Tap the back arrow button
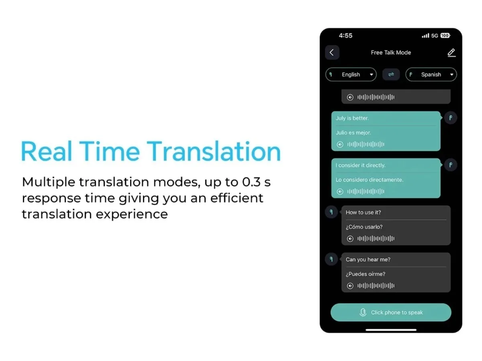click(x=332, y=53)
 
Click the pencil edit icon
click(x=451, y=53)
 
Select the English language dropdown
click(x=351, y=75)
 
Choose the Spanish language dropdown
click(x=431, y=75)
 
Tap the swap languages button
click(x=391, y=75)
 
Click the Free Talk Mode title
click(x=391, y=53)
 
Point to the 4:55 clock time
click(x=345, y=36)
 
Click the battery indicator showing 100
click(x=445, y=36)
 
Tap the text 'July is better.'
click(x=352, y=118)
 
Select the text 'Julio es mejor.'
click(x=353, y=133)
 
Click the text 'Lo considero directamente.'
click(x=370, y=180)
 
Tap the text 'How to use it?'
click(x=363, y=213)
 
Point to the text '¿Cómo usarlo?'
click(x=364, y=227)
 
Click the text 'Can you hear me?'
click(x=368, y=260)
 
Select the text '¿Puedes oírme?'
click(x=366, y=274)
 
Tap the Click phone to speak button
click(x=391, y=312)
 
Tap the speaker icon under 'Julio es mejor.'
click(x=340, y=144)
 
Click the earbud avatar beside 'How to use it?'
click(x=331, y=212)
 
